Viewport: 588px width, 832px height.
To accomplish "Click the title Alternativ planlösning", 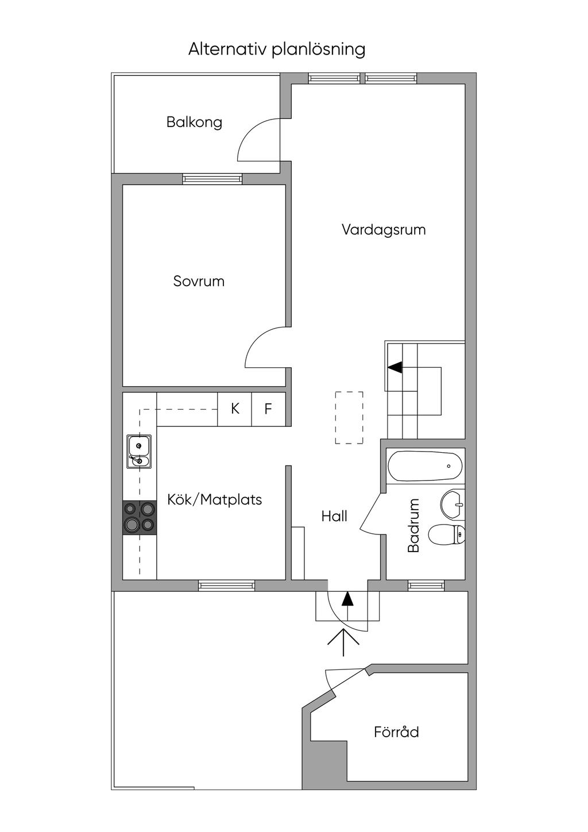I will (277, 49).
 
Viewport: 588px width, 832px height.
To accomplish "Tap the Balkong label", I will (194, 122).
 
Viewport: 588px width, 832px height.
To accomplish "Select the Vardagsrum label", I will (384, 230).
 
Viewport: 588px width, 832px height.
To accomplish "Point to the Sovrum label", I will (199, 282).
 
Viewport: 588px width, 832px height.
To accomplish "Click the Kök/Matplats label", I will (214, 500).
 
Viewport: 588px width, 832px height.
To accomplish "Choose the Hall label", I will (334, 517).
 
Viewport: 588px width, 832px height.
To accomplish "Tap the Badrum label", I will (414, 526).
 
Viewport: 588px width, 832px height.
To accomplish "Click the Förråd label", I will (396, 733).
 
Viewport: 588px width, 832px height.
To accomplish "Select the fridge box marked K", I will (235, 409).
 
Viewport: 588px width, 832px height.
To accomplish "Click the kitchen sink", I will (139, 452).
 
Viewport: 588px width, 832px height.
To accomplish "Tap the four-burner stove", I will (140, 517).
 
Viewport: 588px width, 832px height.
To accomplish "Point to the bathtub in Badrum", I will (425, 467).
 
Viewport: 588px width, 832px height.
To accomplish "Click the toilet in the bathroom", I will (447, 535).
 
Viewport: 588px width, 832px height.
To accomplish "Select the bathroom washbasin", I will (454, 504).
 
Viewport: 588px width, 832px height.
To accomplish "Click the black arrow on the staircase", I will (396, 367).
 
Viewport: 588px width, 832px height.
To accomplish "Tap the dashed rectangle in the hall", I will (349, 418).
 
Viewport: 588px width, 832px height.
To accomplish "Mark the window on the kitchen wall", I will (226, 586).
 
